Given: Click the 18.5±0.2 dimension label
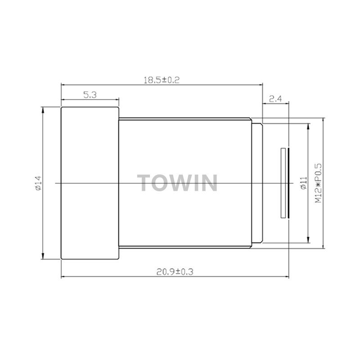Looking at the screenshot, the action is [x=162, y=80].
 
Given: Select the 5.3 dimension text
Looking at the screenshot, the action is [x=90, y=95].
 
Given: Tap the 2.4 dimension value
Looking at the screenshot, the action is [x=275, y=99].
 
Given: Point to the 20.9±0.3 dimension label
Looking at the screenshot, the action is [x=175, y=272].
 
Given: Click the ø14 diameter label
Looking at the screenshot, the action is [x=38, y=183].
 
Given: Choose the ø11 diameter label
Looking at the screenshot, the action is [x=303, y=183].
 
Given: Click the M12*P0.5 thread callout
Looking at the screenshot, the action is [x=318, y=183].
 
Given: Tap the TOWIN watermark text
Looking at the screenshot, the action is [x=177, y=183].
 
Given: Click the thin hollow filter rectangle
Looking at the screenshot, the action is [x=283, y=183].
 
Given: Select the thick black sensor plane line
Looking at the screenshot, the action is [x=288, y=183].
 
